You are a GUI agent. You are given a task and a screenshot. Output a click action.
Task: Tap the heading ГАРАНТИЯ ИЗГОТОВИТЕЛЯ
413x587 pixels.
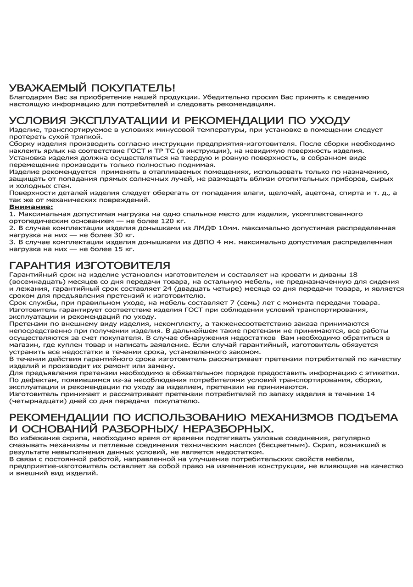point(89,266)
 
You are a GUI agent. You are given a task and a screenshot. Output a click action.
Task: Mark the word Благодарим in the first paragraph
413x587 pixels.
point(28,97)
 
